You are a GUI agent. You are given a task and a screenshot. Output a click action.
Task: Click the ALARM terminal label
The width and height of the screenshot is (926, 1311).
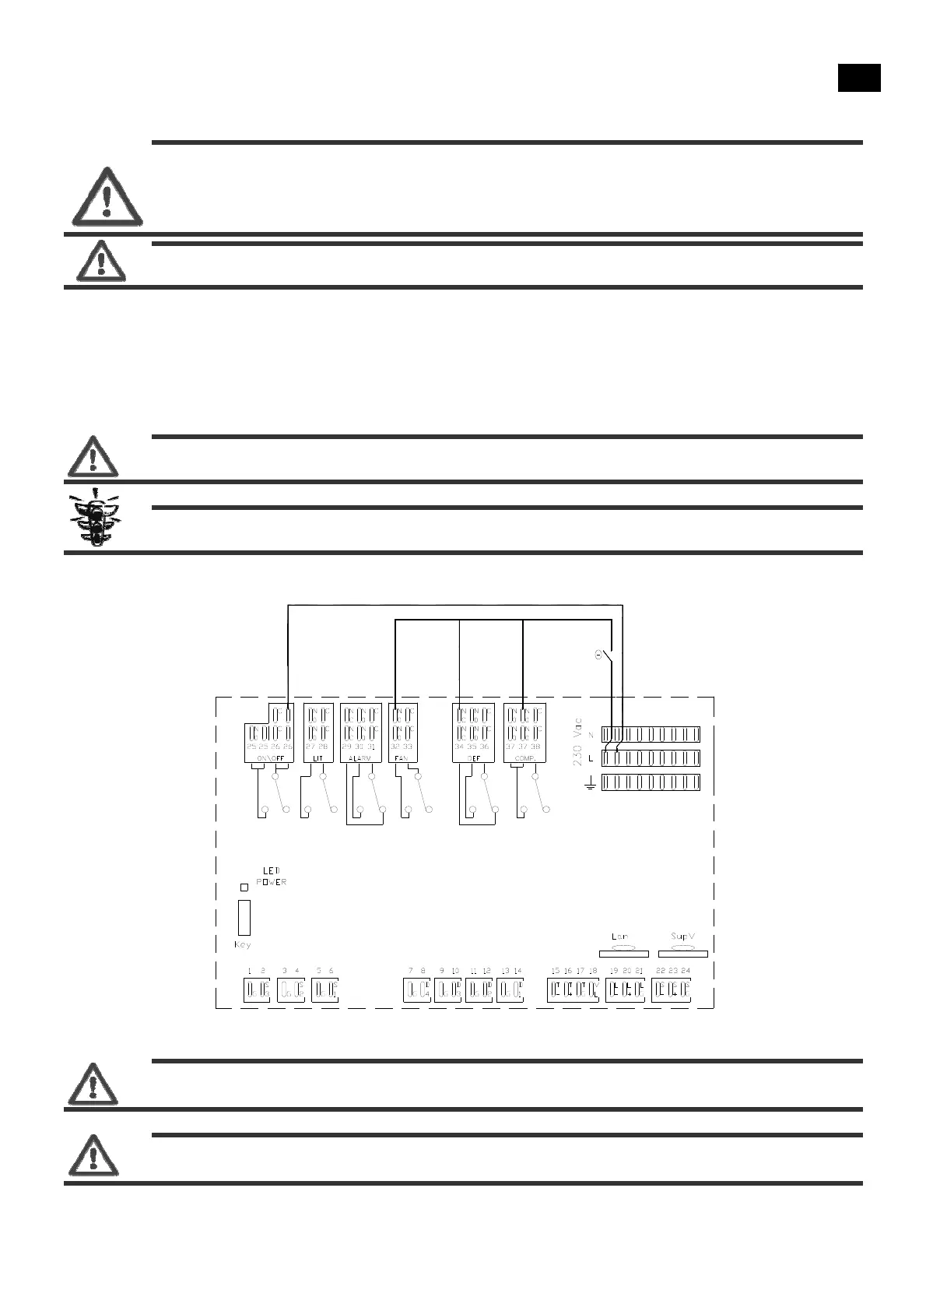point(359,757)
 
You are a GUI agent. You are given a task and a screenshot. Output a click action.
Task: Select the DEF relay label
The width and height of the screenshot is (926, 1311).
point(472,757)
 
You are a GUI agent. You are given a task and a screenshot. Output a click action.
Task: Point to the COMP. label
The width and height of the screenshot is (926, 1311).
point(522,757)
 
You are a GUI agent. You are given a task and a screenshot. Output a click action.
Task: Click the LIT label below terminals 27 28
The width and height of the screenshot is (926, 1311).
point(317,757)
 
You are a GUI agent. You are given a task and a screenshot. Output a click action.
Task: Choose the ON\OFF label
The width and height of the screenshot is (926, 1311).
point(269,757)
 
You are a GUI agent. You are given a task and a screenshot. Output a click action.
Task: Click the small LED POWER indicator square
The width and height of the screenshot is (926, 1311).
point(244,887)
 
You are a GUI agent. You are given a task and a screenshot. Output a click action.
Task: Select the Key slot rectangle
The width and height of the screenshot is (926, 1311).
point(244,918)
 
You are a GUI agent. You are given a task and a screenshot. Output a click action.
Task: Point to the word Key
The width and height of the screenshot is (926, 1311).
point(243,945)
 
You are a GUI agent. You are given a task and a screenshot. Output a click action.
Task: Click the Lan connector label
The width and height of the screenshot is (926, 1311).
point(620,937)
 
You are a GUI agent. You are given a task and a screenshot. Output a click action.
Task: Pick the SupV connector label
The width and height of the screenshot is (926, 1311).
point(682,937)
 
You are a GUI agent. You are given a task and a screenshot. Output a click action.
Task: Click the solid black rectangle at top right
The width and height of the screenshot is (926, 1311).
point(859,79)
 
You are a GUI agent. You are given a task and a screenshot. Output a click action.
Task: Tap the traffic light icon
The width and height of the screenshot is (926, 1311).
point(93,518)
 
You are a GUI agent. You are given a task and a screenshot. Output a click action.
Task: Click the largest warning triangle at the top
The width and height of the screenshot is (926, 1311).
point(107,196)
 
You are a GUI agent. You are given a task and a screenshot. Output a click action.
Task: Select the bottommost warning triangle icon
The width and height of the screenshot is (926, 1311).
point(93,1155)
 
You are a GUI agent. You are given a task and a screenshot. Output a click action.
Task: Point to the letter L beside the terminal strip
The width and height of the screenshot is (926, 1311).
point(591,758)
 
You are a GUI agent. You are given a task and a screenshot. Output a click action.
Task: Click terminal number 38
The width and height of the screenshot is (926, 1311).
point(535,746)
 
